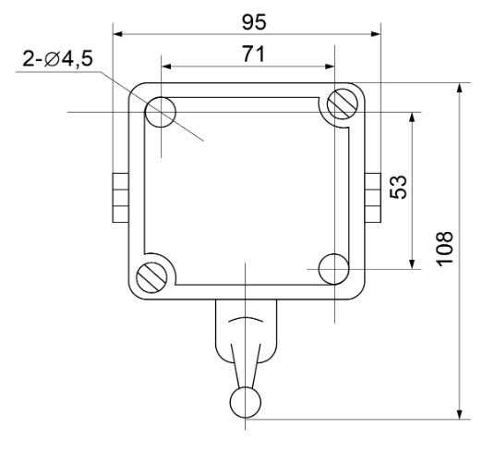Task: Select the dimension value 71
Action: [x=247, y=54]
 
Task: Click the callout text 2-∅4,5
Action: [x=56, y=61]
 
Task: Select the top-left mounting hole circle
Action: [x=161, y=113]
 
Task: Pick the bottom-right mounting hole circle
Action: [x=332, y=269]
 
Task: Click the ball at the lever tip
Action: [x=245, y=401]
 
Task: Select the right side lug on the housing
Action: [x=373, y=197]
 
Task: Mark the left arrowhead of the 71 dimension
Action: [x=166, y=67]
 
